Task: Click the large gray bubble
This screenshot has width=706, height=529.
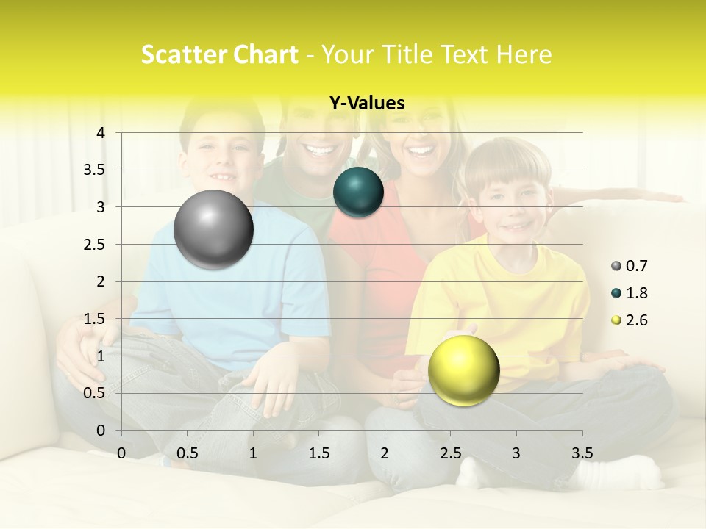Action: point(213,229)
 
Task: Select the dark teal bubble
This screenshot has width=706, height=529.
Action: point(358,192)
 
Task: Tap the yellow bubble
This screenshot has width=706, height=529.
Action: point(463,370)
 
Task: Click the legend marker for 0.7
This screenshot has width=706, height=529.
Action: point(616,266)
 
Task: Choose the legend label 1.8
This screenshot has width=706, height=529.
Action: point(637,293)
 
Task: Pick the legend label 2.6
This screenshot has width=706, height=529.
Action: point(637,320)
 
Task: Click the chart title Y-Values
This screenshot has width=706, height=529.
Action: point(367,104)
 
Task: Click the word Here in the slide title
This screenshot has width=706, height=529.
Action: point(524,54)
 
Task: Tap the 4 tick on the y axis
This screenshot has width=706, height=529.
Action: point(101,133)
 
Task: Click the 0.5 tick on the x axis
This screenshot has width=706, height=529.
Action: point(187,453)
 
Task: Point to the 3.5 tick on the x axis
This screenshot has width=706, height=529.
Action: point(582,453)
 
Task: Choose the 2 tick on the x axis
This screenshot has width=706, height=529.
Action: point(385,453)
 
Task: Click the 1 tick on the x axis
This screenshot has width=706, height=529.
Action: point(253,453)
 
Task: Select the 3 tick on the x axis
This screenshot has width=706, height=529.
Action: point(516,453)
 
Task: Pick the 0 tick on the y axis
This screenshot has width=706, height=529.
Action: point(101,431)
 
